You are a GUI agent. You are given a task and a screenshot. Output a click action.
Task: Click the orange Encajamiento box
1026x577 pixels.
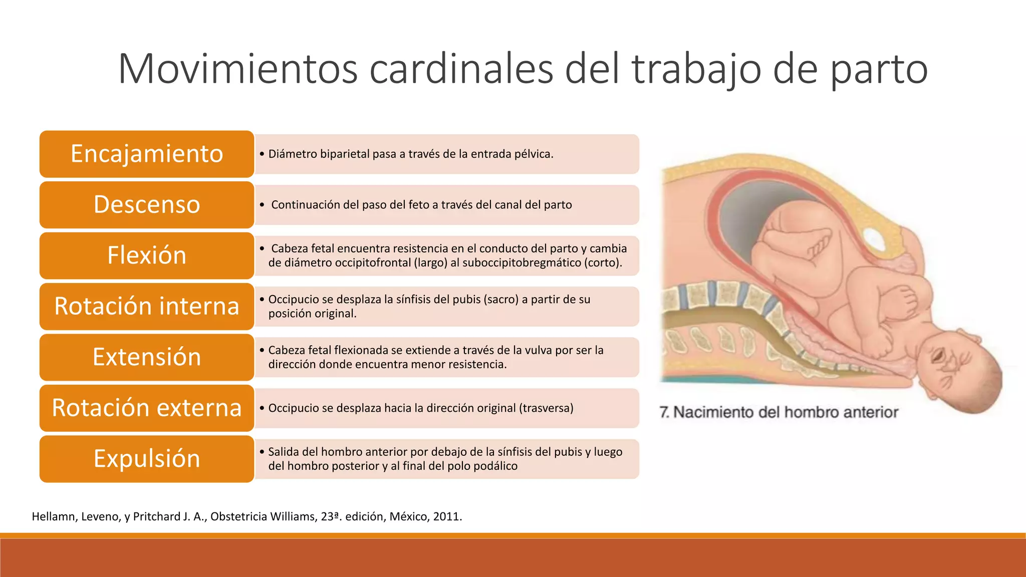[x=147, y=154]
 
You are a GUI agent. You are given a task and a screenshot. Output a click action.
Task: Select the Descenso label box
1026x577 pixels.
[x=147, y=204]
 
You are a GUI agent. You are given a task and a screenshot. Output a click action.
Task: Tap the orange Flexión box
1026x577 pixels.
[x=147, y=255]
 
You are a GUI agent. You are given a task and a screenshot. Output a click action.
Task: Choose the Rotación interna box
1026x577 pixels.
[x=147, y=306]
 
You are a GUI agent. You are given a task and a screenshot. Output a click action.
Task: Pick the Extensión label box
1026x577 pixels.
[x=147, y=357]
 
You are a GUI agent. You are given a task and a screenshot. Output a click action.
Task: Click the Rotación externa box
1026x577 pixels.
[x=147, y=408]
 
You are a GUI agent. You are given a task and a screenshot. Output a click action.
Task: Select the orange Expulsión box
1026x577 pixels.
[x=147, y=459]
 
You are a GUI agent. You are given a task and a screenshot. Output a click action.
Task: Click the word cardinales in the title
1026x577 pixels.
[x=461, y=69]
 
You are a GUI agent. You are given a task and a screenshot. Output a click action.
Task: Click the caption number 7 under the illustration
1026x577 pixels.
[x=664, y=412]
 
